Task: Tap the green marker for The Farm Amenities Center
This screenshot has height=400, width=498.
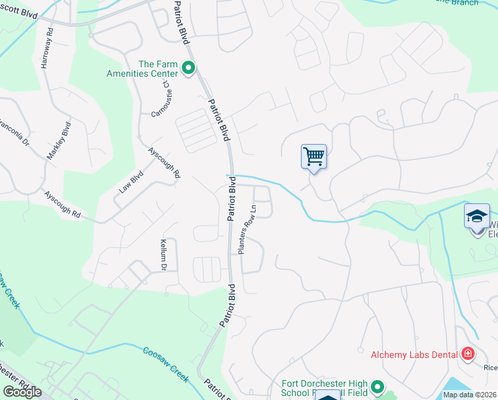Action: (188, 68)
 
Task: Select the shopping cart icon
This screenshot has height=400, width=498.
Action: (314, 157)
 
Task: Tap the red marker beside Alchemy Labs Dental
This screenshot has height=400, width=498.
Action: (467, 353)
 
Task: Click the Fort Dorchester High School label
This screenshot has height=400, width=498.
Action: (323, 388)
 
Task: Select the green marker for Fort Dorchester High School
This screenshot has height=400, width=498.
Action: (378, 387)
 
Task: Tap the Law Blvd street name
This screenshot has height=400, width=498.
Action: (131, 181)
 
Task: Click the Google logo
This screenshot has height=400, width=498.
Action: (22, 391)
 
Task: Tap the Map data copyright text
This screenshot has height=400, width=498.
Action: (469, 395)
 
